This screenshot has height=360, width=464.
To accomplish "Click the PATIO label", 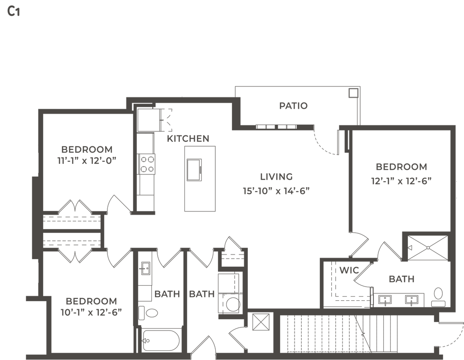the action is [x=294, y=106].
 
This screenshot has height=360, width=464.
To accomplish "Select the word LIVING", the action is [x=277, y=176].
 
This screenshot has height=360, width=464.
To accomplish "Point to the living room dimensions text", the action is [x=278, y=190].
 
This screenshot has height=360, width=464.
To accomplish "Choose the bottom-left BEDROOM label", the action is [x=91, y=301].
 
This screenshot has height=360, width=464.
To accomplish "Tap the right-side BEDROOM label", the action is [x=401, y=167].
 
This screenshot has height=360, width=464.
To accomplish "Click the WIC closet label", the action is [x=349, y=271].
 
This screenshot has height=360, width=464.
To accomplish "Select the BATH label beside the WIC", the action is [x=401, y=279].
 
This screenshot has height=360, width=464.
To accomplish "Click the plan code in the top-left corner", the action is [x=13, y=12].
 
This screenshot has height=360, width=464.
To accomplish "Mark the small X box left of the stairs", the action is [x=260, y=322].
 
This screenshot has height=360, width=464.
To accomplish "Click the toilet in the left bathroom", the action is [x=150, y=312].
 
